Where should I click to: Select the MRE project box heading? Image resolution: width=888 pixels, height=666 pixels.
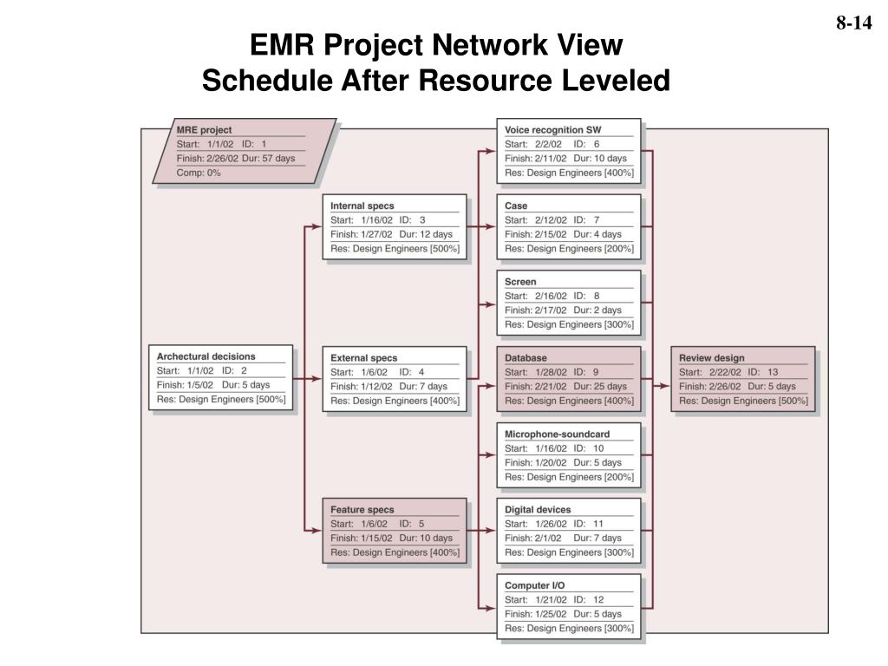204,130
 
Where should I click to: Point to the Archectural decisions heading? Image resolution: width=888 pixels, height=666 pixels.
206,356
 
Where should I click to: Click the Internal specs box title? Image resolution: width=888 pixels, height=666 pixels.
362,206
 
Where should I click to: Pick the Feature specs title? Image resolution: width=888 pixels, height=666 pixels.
362,510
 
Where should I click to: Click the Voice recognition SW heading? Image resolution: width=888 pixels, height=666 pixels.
552,130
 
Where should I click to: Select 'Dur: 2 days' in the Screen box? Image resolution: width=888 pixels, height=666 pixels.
597,310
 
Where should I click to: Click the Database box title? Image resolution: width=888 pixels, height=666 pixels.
526,357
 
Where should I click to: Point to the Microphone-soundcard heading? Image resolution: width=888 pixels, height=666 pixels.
557,434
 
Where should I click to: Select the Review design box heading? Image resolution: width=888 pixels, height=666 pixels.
711,357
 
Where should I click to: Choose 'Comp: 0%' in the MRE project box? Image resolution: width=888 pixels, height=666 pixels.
199,173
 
